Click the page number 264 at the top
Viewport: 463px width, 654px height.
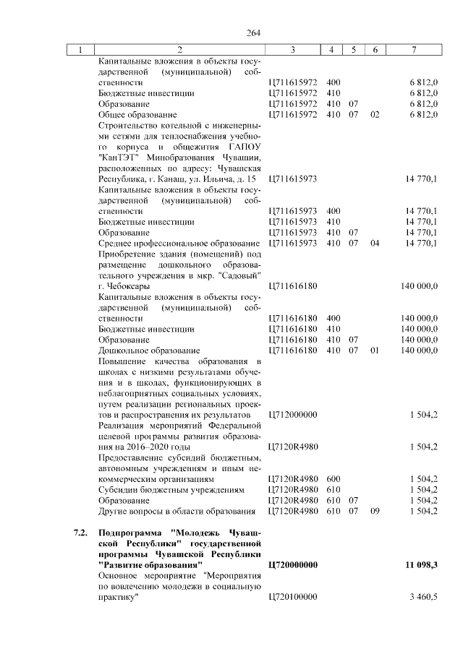pos(252,33)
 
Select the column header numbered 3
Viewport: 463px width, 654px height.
pos(292,50)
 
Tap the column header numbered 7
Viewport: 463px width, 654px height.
pos(412,50)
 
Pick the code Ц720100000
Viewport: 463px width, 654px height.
pos(292,595)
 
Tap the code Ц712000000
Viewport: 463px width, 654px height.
pos(292,416)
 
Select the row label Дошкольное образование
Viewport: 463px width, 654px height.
pos(143,350)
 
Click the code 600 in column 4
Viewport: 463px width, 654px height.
pos(334,479)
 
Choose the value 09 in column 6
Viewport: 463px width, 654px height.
pos(374,512)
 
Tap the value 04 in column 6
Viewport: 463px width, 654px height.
pos(374,243)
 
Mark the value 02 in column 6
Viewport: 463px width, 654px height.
pos(374,114)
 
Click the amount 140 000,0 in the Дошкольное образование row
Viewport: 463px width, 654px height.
pos(419,350)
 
